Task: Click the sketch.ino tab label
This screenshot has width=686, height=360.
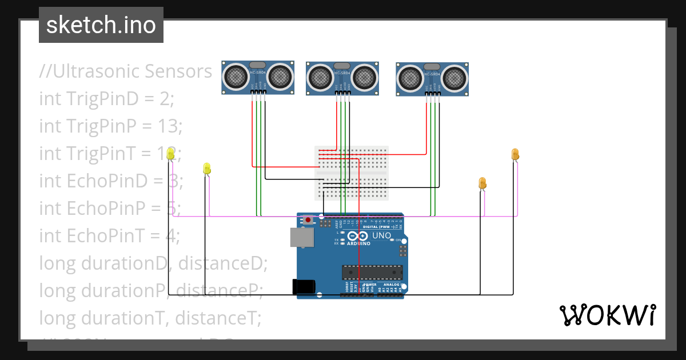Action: tap(101, 25)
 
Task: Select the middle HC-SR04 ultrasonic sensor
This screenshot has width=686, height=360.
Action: tap(342, 77)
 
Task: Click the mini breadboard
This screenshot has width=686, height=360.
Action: tap(352, 173)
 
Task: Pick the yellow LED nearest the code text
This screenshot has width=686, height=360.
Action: tap(170, 154)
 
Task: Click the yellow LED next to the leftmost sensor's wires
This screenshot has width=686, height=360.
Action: tap(207, 169)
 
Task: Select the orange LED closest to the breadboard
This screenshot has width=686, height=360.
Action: tap(482, 183)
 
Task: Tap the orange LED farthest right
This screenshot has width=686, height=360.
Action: tap(514, 154)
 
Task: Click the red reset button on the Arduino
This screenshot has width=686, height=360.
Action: tap(309, 219)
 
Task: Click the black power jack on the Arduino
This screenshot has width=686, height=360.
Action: tap(304, 286)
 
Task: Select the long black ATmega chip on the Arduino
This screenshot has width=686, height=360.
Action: tap(372, 273)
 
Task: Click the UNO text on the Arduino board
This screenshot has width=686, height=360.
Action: tap(381, 235)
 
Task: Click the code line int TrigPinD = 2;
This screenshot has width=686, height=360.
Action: tap(106, 98)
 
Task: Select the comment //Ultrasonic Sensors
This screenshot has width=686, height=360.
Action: tap(125, 71)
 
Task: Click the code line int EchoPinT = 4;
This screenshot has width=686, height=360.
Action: tap(110, 235)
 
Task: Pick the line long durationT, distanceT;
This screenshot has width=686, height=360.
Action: tap(150, 317)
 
